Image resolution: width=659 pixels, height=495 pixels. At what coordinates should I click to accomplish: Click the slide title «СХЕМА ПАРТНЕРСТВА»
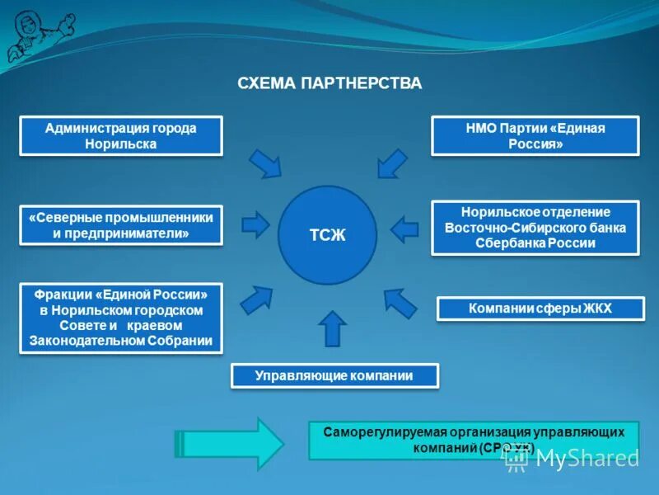(329, 83)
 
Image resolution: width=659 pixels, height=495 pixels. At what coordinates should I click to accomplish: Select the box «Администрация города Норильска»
(120, 135)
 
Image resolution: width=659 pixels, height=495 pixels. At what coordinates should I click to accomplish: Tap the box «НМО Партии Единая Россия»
(535, 135)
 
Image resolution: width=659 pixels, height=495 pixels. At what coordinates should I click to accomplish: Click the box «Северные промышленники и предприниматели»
(120, 224)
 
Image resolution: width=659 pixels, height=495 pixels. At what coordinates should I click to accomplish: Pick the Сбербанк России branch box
(535, 227)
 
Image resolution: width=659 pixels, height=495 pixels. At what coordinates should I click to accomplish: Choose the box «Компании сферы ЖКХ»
(540, 309)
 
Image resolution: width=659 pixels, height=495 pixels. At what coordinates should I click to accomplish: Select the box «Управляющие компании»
(334, 375)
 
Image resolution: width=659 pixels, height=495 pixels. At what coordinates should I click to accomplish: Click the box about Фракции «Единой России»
(120, 318)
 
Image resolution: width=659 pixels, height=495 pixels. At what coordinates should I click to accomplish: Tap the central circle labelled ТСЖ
(327, 235)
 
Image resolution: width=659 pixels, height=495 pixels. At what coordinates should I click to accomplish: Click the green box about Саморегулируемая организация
(473, 440)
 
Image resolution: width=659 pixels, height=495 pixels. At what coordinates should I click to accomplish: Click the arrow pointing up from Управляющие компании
(331, 328)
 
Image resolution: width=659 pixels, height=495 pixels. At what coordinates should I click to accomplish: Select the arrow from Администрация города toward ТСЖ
(266, 163)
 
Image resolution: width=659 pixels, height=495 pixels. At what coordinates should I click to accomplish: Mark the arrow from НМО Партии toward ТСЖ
(392, 163)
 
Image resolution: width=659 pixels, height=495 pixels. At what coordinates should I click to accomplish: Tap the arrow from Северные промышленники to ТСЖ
(255, 224)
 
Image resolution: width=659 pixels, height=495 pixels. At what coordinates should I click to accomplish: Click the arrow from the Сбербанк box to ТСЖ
(404, 228)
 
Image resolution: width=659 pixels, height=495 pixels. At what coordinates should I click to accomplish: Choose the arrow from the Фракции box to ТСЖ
(256, 299)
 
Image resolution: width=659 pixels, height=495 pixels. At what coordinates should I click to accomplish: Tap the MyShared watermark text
(587, 458)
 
